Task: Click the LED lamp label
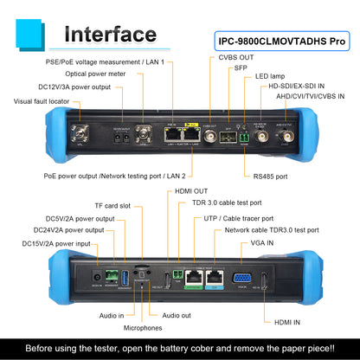(x=271, y=76)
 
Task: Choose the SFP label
(x=241, y=67)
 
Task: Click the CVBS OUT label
(x=228, y=57)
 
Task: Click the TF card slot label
(x=112, y=206)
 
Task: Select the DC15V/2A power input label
(x=56, y=243)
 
